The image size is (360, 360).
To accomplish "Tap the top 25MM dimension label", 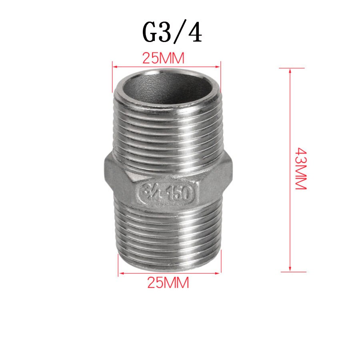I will (x=163, y=59).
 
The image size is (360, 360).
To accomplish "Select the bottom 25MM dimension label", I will (x=168, y=283).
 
